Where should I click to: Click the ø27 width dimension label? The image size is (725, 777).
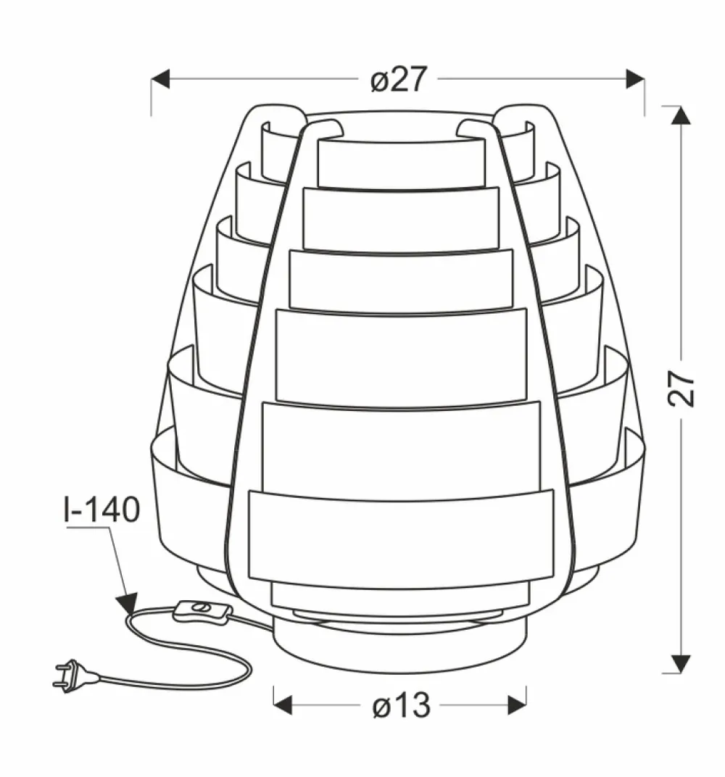[398, 79]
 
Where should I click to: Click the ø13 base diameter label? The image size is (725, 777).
[402, 705]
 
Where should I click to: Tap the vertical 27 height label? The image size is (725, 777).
[681, 389]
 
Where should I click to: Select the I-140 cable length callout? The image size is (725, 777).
[102, 510]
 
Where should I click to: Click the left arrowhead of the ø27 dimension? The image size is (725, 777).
[160, 79]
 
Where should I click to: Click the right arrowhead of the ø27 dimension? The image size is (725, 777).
[635, 79]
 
